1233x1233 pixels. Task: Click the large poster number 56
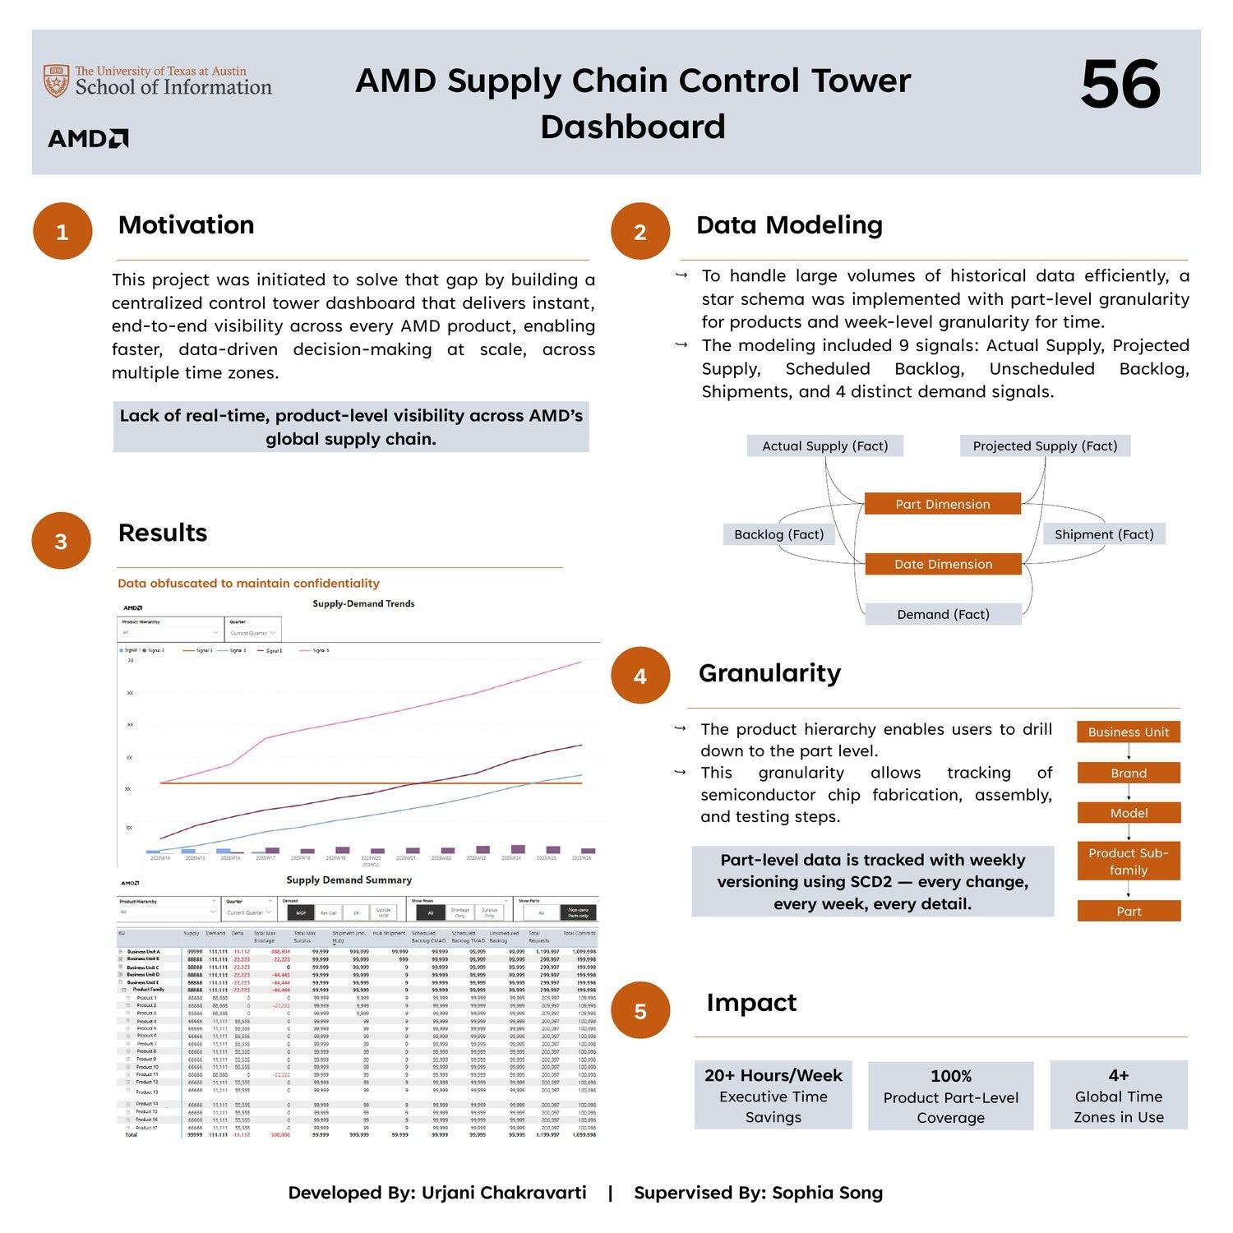pyautogui.click(x=1120, y=85)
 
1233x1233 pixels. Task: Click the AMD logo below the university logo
pyautogui.click(x=88, y=138)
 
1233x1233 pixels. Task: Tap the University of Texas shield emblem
pyautogui.click(x=56, y=81)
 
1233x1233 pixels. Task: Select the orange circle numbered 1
pyautogui.click(x=62, y=232)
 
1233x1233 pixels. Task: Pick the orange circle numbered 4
pyautogui.click(x=640, y=676)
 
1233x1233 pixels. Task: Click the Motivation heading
pyautogui.click(x=186, y=225)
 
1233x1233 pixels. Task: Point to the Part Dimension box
pyautogui.click(x=943, y=504)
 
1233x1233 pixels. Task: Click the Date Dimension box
pyautogui.click(x=943, y=564)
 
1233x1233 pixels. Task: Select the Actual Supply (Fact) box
pyautogui.click(x=824, y=446)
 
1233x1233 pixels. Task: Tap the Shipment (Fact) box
pyautogui.click(x=1104, y=534)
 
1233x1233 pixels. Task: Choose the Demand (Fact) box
pyautogui.click(x=943, y=614)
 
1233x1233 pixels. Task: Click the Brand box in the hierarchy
pyautogui.click(x=1129, y=773)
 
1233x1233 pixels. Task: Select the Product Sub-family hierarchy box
pyautogui.click(x=1129, y=861)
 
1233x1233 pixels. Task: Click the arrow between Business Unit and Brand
pyautogui.click(x=1129, y=752)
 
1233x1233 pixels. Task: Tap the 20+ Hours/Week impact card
pyautogui.click(x=773, y=1095)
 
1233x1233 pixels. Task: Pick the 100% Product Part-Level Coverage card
pyautogui.click(x=950, y=1096)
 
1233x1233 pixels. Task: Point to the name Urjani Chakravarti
pyautogui.click(x=504, y=1193)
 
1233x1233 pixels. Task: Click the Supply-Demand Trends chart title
pyautogui.click(x=363, y=603)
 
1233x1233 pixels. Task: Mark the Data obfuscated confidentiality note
pyautogui.click(x=248, y=584)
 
